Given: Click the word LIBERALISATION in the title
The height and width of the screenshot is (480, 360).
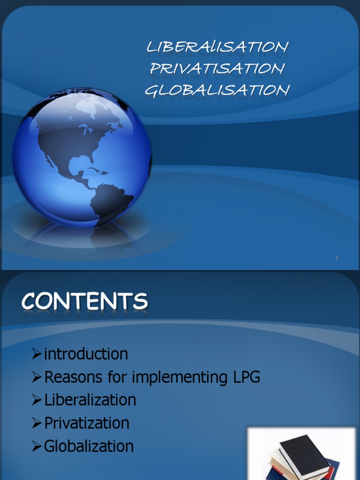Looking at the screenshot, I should point(217,47).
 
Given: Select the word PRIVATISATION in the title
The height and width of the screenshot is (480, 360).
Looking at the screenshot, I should point(217,68).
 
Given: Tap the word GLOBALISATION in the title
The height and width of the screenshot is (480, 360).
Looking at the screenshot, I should point(217,90).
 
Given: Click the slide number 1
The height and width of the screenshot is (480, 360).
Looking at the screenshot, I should point(337,257).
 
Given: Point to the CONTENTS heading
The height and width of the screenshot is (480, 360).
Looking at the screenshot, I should point(84,301).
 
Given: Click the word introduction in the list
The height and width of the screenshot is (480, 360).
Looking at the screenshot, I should point(86,354).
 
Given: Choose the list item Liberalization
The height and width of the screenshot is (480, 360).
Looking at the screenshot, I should point(90,400).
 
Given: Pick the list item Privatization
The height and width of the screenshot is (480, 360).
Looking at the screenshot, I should point(87,423).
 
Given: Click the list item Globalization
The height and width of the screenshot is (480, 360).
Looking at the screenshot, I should point(89,446).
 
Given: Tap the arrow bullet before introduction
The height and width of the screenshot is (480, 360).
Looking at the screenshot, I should point(37,354).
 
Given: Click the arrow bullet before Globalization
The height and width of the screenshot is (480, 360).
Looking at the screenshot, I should point(37,446).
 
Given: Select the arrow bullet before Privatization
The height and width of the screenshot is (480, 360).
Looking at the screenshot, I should point(37,423).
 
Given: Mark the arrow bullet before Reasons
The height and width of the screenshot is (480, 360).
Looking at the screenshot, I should point(37,377).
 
